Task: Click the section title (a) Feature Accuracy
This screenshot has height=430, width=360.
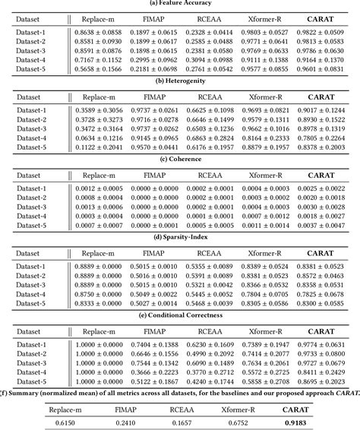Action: point(179,4)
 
